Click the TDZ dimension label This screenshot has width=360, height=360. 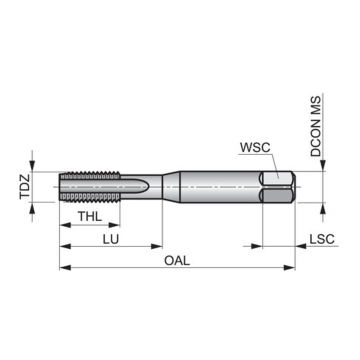(25, 186)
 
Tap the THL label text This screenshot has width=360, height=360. (90, 216)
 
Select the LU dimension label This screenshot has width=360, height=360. (110, 239)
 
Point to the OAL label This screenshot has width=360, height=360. (177, 260)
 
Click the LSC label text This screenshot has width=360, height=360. (322, 239)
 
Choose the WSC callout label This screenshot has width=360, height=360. (255, 147)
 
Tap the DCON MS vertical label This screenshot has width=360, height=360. (315, 126)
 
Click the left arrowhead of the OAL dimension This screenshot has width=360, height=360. (65, 267)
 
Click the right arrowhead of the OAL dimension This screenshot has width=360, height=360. (289, 267)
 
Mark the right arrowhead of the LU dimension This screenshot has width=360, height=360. (157, 246)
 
